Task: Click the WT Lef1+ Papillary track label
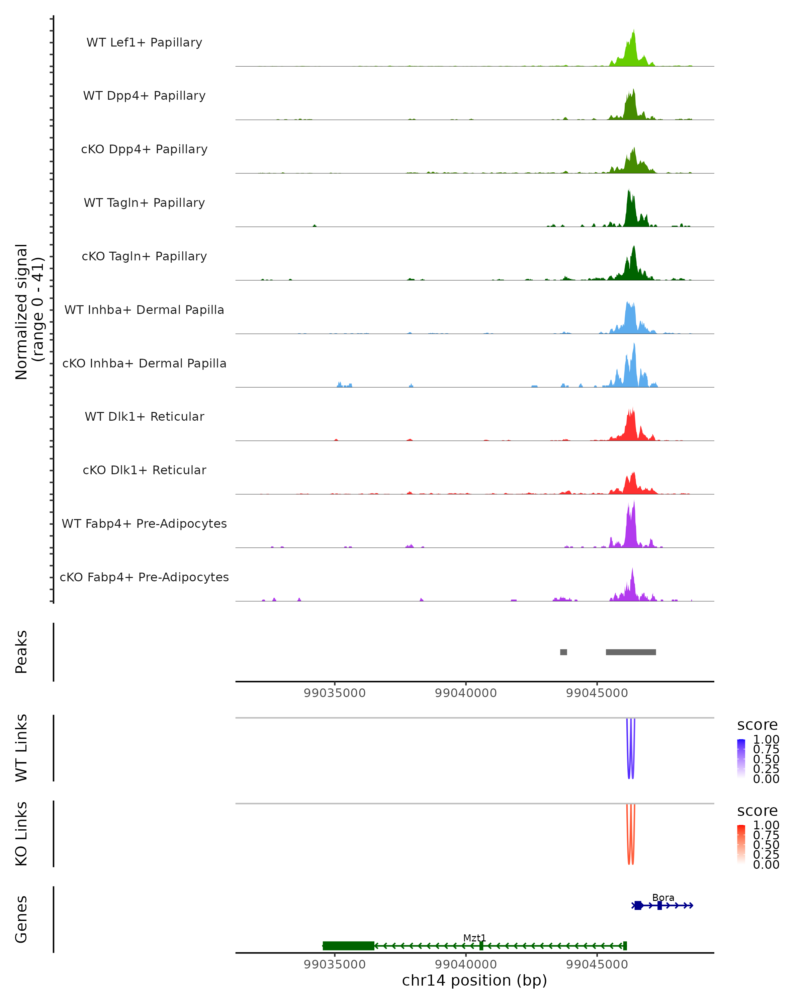pyautogui.click(x=144, y=43)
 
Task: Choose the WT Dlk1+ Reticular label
pyautogui.click(x=144, y=416)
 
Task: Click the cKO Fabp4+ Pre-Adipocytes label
pyautogui.click(x=144, y=577)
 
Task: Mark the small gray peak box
pyautogui.click(x=563, y=652)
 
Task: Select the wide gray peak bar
pyautogui.click(x=631, y=652)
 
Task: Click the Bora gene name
pyautogui.click(x=663, y=897)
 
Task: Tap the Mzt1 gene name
pyautogui.click(x=474, y=938)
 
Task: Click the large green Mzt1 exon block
pyautogui.click(x=348, y=945)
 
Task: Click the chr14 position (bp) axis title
pyautogui.click(x=474, y=980)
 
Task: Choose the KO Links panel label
pyautogui.click(x=21, y=834)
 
